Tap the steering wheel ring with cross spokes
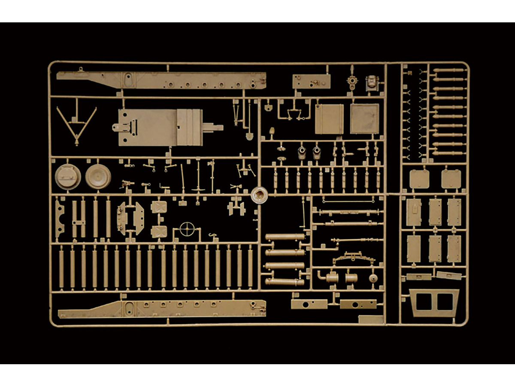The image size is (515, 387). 187,229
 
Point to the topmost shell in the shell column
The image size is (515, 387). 448,70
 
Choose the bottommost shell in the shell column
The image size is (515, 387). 448,153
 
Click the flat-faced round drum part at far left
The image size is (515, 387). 67,176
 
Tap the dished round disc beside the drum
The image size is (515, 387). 98,176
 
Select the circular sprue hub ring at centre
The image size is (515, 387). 259,196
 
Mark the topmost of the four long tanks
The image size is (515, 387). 285,237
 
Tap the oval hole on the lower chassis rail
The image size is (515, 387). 127,307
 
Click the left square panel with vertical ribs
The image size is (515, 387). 329,119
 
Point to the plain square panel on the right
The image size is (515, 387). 364,119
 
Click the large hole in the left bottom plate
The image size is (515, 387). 306,304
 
